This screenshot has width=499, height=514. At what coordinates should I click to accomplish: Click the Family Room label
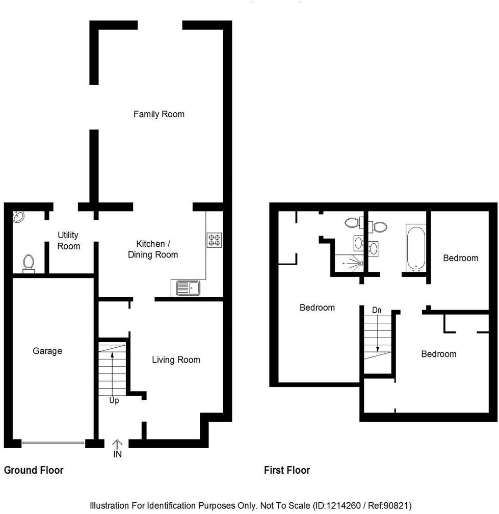[x=159, y=114]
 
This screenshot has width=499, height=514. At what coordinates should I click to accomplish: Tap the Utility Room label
[x=68, y=241]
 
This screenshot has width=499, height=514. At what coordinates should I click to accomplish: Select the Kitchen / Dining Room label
[x=153, y=249]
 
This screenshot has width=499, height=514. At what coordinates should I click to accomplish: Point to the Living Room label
[x=176, y=360]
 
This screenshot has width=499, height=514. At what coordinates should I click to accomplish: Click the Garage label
[x=47, y=351]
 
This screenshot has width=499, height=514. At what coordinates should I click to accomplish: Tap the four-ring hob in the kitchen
[x=214, y=240]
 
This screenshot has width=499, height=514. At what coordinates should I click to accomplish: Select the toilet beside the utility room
[x=29, y=264]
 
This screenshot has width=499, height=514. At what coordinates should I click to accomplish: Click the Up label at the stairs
[x=114, y=401]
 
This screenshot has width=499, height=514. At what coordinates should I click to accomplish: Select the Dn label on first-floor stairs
[x=377, y=310]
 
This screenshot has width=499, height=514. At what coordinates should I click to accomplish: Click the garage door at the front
[x=54, y=443]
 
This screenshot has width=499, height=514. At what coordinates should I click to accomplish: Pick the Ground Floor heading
[x=34, y=470]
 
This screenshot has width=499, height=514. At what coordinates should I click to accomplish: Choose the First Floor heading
[x=287, y=470]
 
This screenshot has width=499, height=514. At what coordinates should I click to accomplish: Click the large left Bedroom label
[x=317, y=307]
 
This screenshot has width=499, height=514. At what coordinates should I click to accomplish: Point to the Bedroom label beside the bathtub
[x=461, y=258]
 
